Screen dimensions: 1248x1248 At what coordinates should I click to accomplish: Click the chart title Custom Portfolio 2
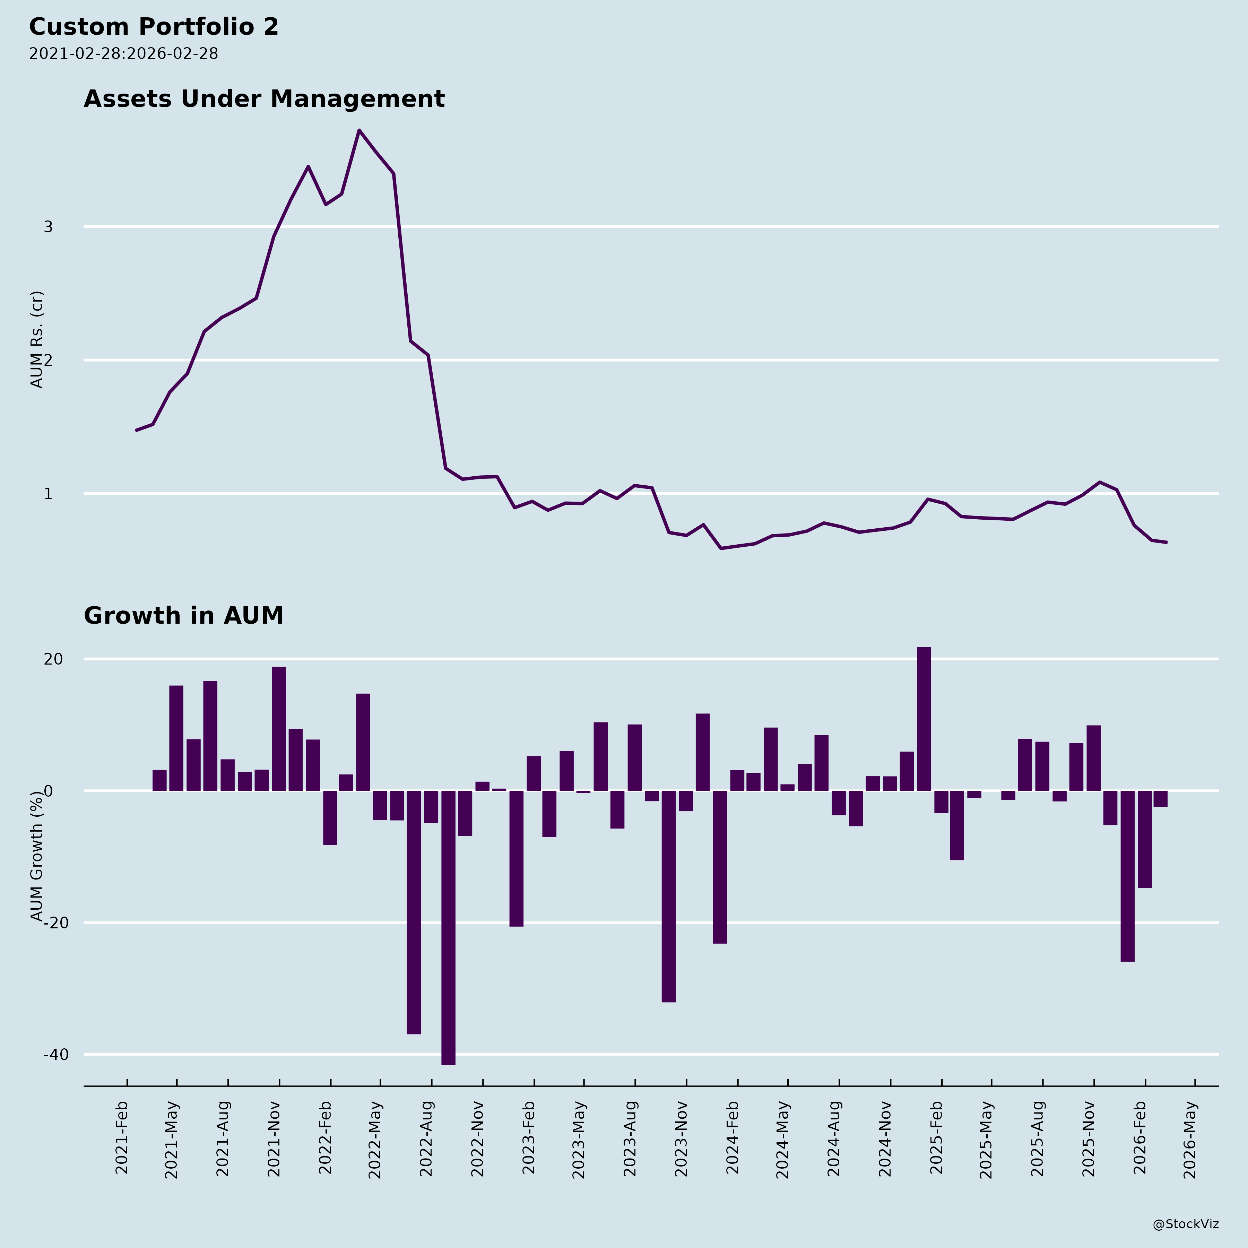coord(154,27)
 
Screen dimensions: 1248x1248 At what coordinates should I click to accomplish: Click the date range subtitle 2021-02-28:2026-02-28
coord(123,54)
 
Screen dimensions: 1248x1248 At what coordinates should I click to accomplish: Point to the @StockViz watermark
coord(1186,1224)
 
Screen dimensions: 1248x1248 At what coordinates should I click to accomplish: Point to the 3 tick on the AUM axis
coord(48,227)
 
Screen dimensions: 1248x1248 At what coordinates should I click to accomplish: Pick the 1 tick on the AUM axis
coord(48,494)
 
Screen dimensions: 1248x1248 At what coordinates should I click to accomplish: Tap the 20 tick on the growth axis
coord(54,659)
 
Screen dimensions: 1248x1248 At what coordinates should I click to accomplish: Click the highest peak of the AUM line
coord(359,130)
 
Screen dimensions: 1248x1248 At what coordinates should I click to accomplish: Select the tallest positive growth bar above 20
coord(924,718)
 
